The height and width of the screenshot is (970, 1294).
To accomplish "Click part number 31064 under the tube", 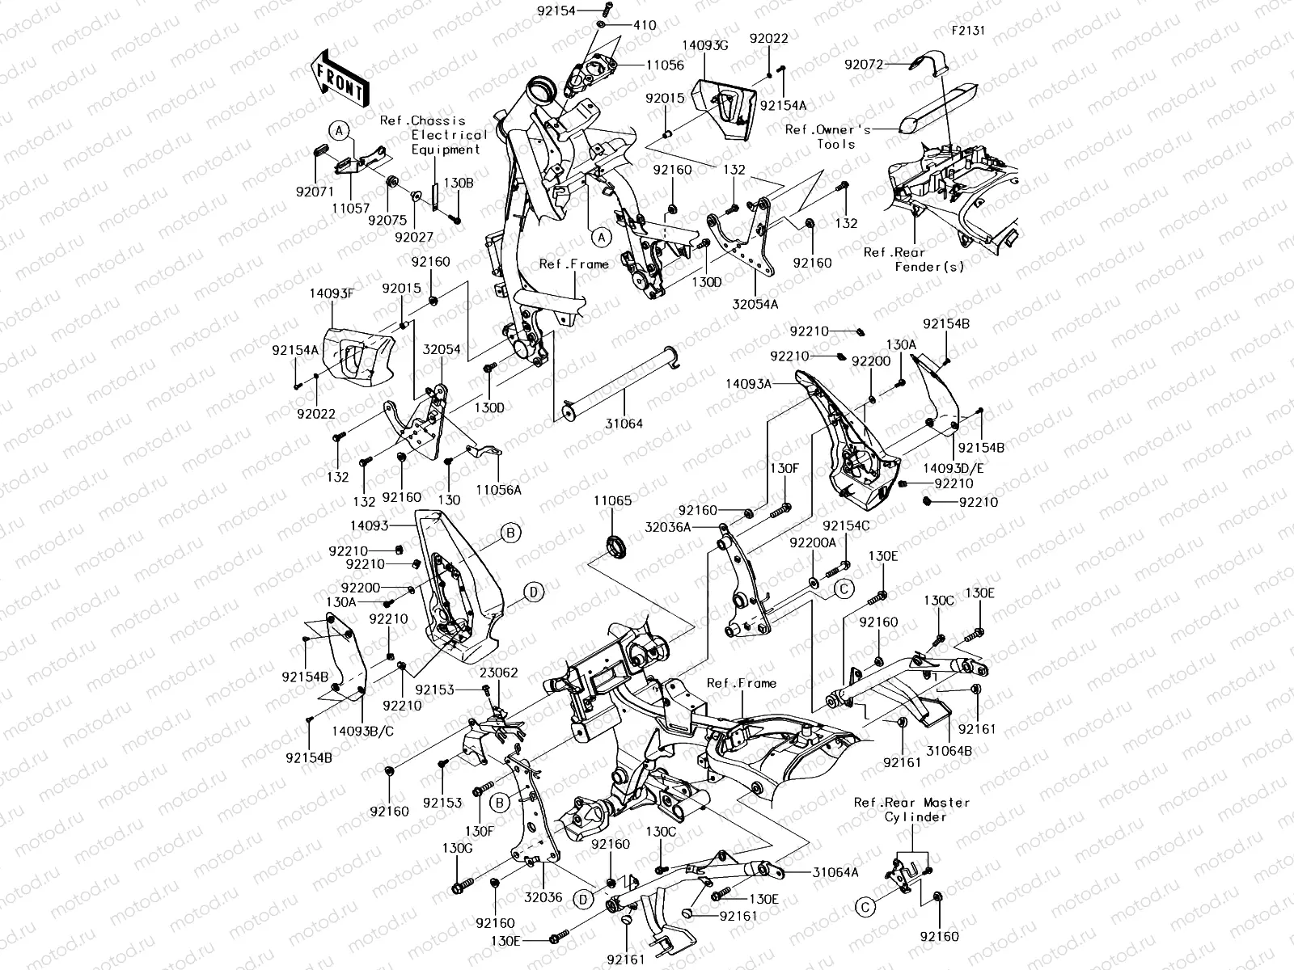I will click(624, 424).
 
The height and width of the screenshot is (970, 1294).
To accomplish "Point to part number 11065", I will click(612, 501).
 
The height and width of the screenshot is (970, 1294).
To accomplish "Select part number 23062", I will click(498, 672).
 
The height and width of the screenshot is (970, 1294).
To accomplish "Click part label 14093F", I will click(332, 293).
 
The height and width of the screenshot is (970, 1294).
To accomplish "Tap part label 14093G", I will click(704, 45).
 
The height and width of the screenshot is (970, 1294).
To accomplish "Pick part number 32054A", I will click(755, 304).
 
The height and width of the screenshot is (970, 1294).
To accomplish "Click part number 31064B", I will click(949, 750).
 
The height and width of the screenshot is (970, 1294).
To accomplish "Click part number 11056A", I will click(498, 489).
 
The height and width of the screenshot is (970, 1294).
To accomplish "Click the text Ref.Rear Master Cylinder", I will click(911, 809).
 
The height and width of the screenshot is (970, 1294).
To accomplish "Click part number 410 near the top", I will click(645, 26).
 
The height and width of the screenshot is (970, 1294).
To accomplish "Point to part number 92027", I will click(414, 237).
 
